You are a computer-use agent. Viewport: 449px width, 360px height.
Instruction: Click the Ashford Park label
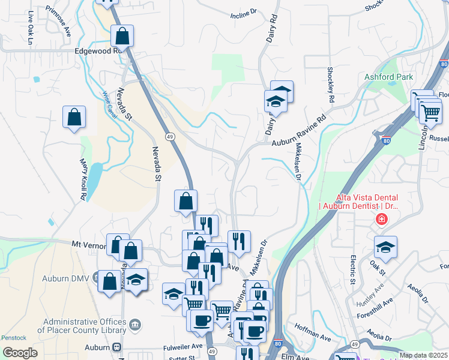(388, 77)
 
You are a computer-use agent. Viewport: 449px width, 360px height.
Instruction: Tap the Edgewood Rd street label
(98, 52)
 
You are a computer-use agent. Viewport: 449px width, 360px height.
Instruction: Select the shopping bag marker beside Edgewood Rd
(122, 37)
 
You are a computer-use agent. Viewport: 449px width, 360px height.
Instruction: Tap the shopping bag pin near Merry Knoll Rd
(74, 118)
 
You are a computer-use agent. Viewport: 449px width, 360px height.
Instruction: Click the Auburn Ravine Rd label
(298, 131)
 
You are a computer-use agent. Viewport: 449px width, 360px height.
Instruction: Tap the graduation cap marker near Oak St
(385, 247)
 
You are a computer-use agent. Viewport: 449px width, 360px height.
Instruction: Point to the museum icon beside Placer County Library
(136, 325)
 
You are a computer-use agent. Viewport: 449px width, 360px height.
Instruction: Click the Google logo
(20, 353)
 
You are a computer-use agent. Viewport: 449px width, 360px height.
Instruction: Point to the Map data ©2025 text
(423, 355)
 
